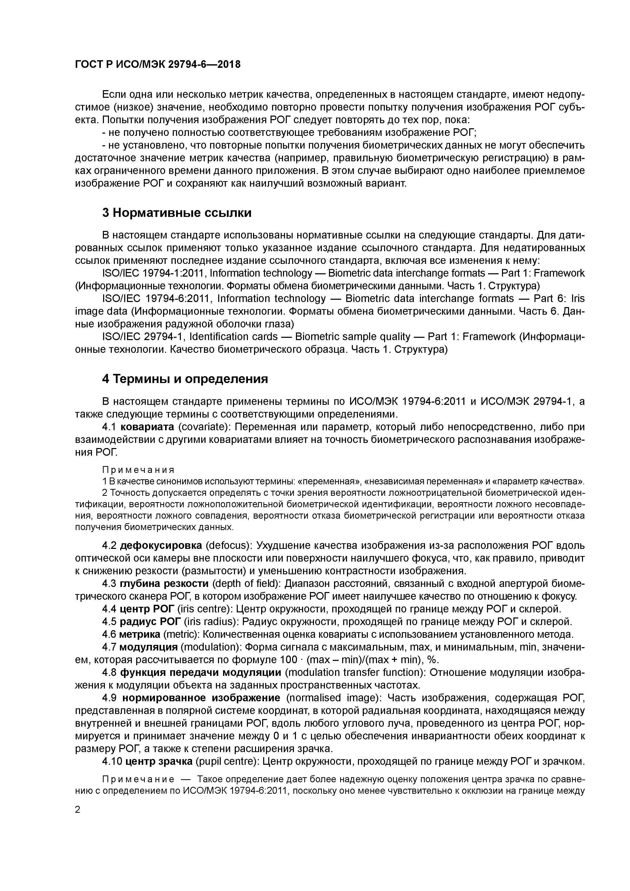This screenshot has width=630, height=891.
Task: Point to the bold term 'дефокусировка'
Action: pos(161,546)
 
